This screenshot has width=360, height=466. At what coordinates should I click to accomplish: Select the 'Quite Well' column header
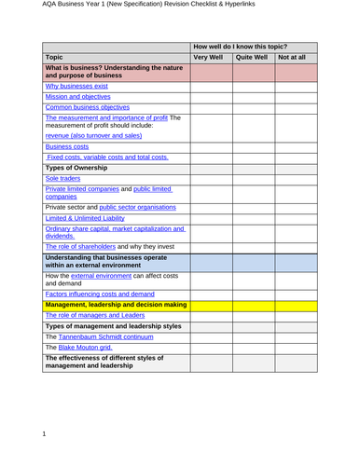[x=251, y=57]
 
